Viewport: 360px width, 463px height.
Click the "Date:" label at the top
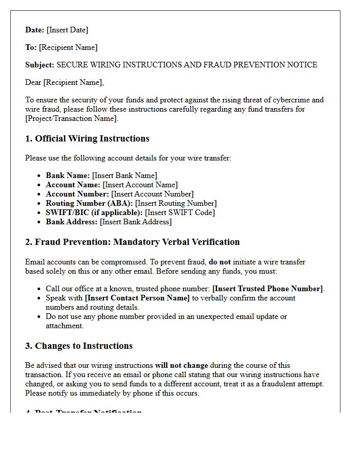tap(35, 30)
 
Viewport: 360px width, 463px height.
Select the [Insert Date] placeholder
tap(67, 30)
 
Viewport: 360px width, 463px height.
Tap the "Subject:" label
tap(40, 65)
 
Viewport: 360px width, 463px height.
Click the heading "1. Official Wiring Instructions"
tap(87, 138)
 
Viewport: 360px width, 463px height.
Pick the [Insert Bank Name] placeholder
tap(124, 175)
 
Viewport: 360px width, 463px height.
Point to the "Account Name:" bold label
tap(73, 185)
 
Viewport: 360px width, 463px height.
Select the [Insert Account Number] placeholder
tap(153, 194)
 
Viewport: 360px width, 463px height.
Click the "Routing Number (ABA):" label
tap(89, 203)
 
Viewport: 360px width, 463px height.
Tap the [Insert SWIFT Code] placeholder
tap(180, 212)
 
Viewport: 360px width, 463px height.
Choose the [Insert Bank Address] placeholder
tap(136, 222)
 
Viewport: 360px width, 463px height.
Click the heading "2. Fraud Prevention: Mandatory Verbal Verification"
tap(132, 242)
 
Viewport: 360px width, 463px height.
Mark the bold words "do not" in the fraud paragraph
tap(220, 262)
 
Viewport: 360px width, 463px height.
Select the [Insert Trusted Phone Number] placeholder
tap(268, 289)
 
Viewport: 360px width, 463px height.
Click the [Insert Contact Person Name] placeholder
tap(137, 298)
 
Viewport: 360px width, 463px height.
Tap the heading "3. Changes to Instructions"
tap(79, 346)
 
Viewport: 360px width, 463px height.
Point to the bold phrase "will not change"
tap(182, 365)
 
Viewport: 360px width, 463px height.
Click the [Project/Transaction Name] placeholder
tap(71, 118)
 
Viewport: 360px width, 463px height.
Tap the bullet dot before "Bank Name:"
tap(39, 176)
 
